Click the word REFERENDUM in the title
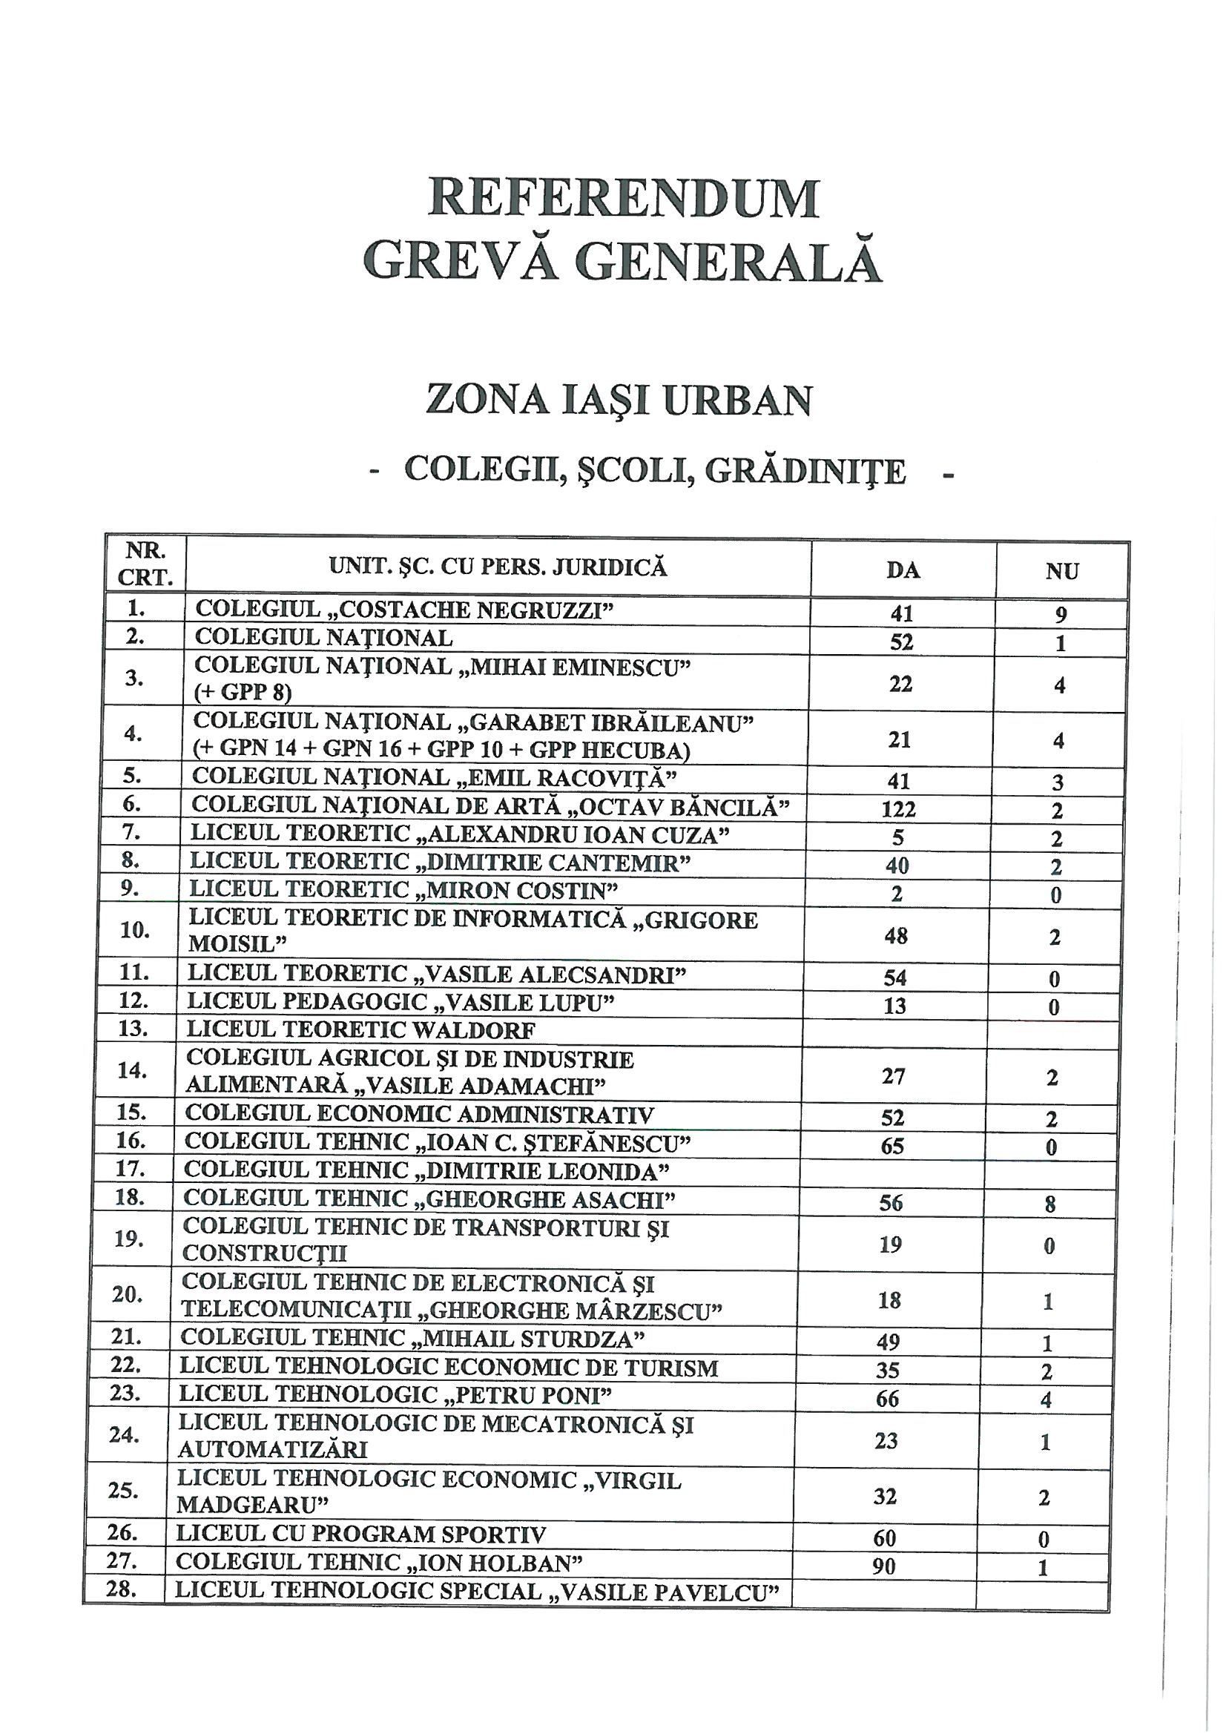tap(623, 199)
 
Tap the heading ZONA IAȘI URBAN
tap(619, 400)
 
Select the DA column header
tap(903, 570)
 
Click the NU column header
tap(1062, 572)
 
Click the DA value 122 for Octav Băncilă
tap(899, 810)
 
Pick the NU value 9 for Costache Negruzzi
tap(1061, 615)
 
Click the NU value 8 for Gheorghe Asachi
tap(1050, 1204)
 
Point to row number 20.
tap(128, 1294)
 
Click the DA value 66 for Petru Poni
tap(888, 1399)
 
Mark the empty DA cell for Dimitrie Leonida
tap(892, 1173)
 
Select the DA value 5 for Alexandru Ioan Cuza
tap(898, 837)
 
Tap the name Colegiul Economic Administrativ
tap(419, 1115)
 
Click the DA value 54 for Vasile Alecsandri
tap(895, 978)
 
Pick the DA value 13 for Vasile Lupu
tap(894, 1006)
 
